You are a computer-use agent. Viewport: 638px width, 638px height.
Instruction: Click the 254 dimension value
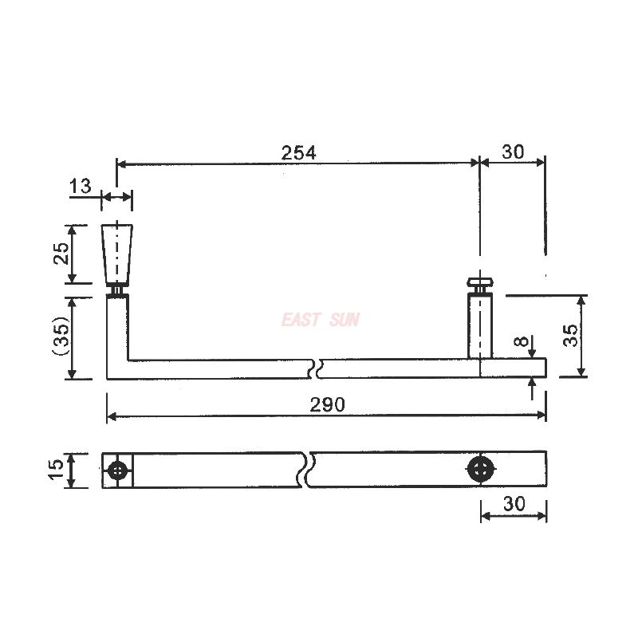click(298, 152)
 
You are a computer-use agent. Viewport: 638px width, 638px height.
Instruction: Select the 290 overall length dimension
click(327, 404)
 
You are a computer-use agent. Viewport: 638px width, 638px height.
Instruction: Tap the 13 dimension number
click(81, 187)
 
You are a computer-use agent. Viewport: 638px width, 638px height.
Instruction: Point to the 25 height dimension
click(61, 254)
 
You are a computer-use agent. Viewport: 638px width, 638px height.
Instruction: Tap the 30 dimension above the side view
click(513, 152)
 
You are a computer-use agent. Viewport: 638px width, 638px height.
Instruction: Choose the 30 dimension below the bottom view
click(514, 505)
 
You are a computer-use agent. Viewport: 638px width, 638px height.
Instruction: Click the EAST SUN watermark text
click(321, 320)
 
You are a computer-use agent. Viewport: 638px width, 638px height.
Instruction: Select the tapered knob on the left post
click(118, 254)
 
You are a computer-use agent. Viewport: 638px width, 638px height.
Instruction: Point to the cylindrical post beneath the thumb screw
click(480, 325)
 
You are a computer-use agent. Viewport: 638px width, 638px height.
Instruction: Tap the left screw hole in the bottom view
click(119, 471)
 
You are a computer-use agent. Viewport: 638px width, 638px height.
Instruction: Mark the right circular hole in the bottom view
click(480, 470)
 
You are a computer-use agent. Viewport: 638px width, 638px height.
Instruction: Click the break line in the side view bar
click(317, 368)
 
